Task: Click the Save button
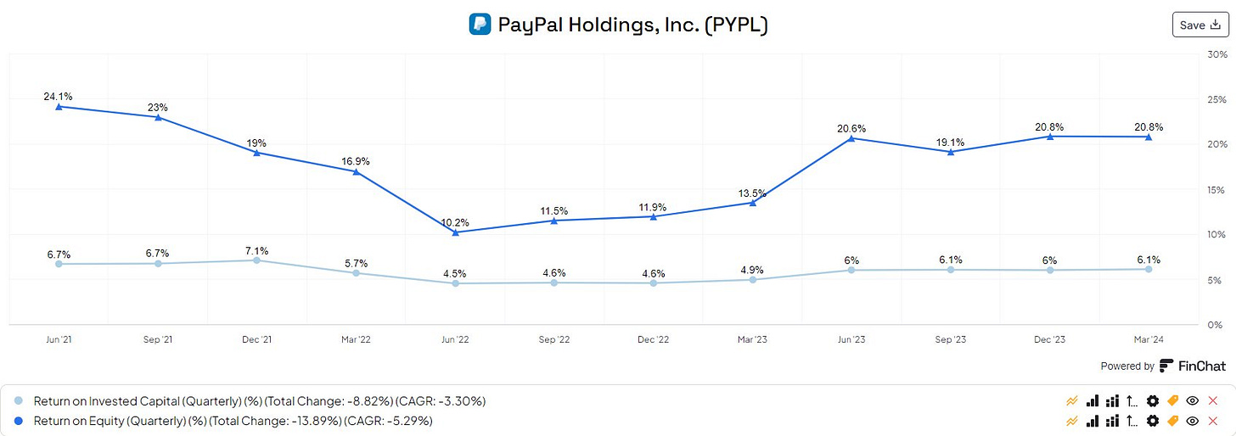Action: point(1199,25)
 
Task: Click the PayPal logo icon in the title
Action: point(480,25)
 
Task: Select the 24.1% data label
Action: point(59,97)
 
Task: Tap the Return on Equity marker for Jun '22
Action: point(455,232)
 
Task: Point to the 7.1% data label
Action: point(256,250)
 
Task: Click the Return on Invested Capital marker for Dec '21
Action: point(256,260)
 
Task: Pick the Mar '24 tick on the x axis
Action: point(1149,339)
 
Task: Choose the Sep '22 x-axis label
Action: point(553,339)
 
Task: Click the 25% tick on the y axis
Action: point(1215,99)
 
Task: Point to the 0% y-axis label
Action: point(1215,325)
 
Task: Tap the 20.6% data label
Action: point(851,128)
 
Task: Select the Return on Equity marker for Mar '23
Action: point(752,202)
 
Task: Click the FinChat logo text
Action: point(1192,366)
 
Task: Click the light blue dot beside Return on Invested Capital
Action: point(20,400)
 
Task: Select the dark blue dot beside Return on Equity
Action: point(20,421)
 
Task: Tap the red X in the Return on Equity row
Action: point(1212,421)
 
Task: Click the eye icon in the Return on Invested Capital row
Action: point(1193,400)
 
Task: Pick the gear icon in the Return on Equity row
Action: point(1152,421)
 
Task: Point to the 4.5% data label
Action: point(455,273)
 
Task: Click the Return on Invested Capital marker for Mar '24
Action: point(1149,269)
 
